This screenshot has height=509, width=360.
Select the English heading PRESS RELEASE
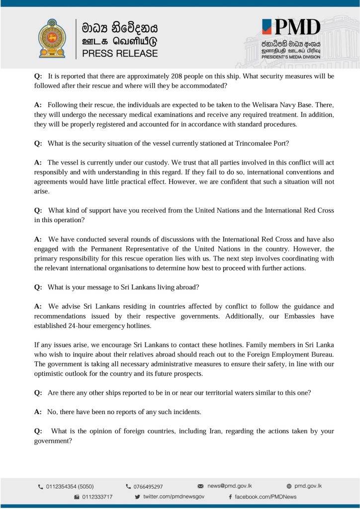click(x=120, y=53)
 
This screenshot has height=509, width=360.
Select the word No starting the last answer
click(x=52, y=412)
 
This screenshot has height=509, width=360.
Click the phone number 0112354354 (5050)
click(x=70, y=487)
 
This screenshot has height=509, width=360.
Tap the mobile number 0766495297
click(x=147, y=487)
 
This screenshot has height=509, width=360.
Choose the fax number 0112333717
click(x=97, y=497)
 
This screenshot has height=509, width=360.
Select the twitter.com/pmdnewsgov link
click(x=174, y=497)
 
